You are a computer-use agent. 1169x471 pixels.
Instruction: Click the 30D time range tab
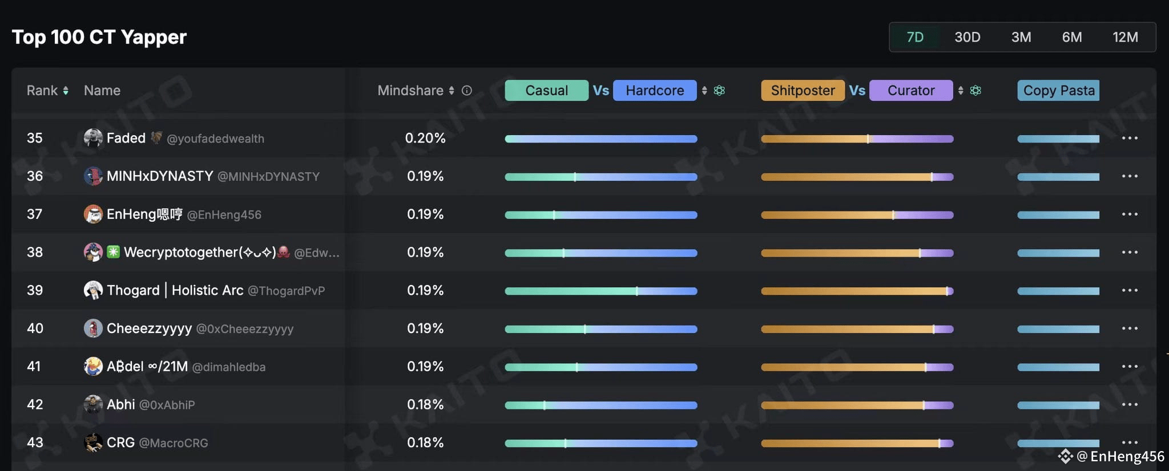[968, 37]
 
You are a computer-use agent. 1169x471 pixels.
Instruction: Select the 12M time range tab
[1125, 37]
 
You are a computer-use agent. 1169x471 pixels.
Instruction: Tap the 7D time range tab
[915, 37]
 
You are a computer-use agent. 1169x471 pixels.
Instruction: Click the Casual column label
[546, 91]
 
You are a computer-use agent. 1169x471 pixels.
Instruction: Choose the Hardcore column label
[655, 91]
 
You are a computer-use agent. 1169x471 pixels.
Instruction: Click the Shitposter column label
[803, 91]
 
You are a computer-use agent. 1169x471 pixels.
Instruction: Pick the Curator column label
[911, 91]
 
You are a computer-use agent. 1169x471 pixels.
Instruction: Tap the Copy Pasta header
[1058, 91]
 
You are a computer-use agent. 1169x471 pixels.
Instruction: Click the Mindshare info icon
[467, 91]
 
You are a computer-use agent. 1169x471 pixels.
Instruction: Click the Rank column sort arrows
[66, 91]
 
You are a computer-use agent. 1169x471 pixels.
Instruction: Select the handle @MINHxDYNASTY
[268, 177]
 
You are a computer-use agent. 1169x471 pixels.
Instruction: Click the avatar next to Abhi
[93, 404]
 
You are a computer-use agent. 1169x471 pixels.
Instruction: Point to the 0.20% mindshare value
[425, 138]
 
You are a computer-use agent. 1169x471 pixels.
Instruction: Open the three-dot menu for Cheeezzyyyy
[1130, 328]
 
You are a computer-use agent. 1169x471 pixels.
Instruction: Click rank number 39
[35, 290]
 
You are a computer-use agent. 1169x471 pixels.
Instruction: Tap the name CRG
[120, 442]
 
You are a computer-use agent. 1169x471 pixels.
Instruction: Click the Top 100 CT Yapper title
[99, 37]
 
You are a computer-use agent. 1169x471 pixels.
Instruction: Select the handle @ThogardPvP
[286, 291]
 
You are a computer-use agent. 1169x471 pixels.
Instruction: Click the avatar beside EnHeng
[93, 214]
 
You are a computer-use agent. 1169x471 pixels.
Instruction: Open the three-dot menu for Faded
[1130, 138]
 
